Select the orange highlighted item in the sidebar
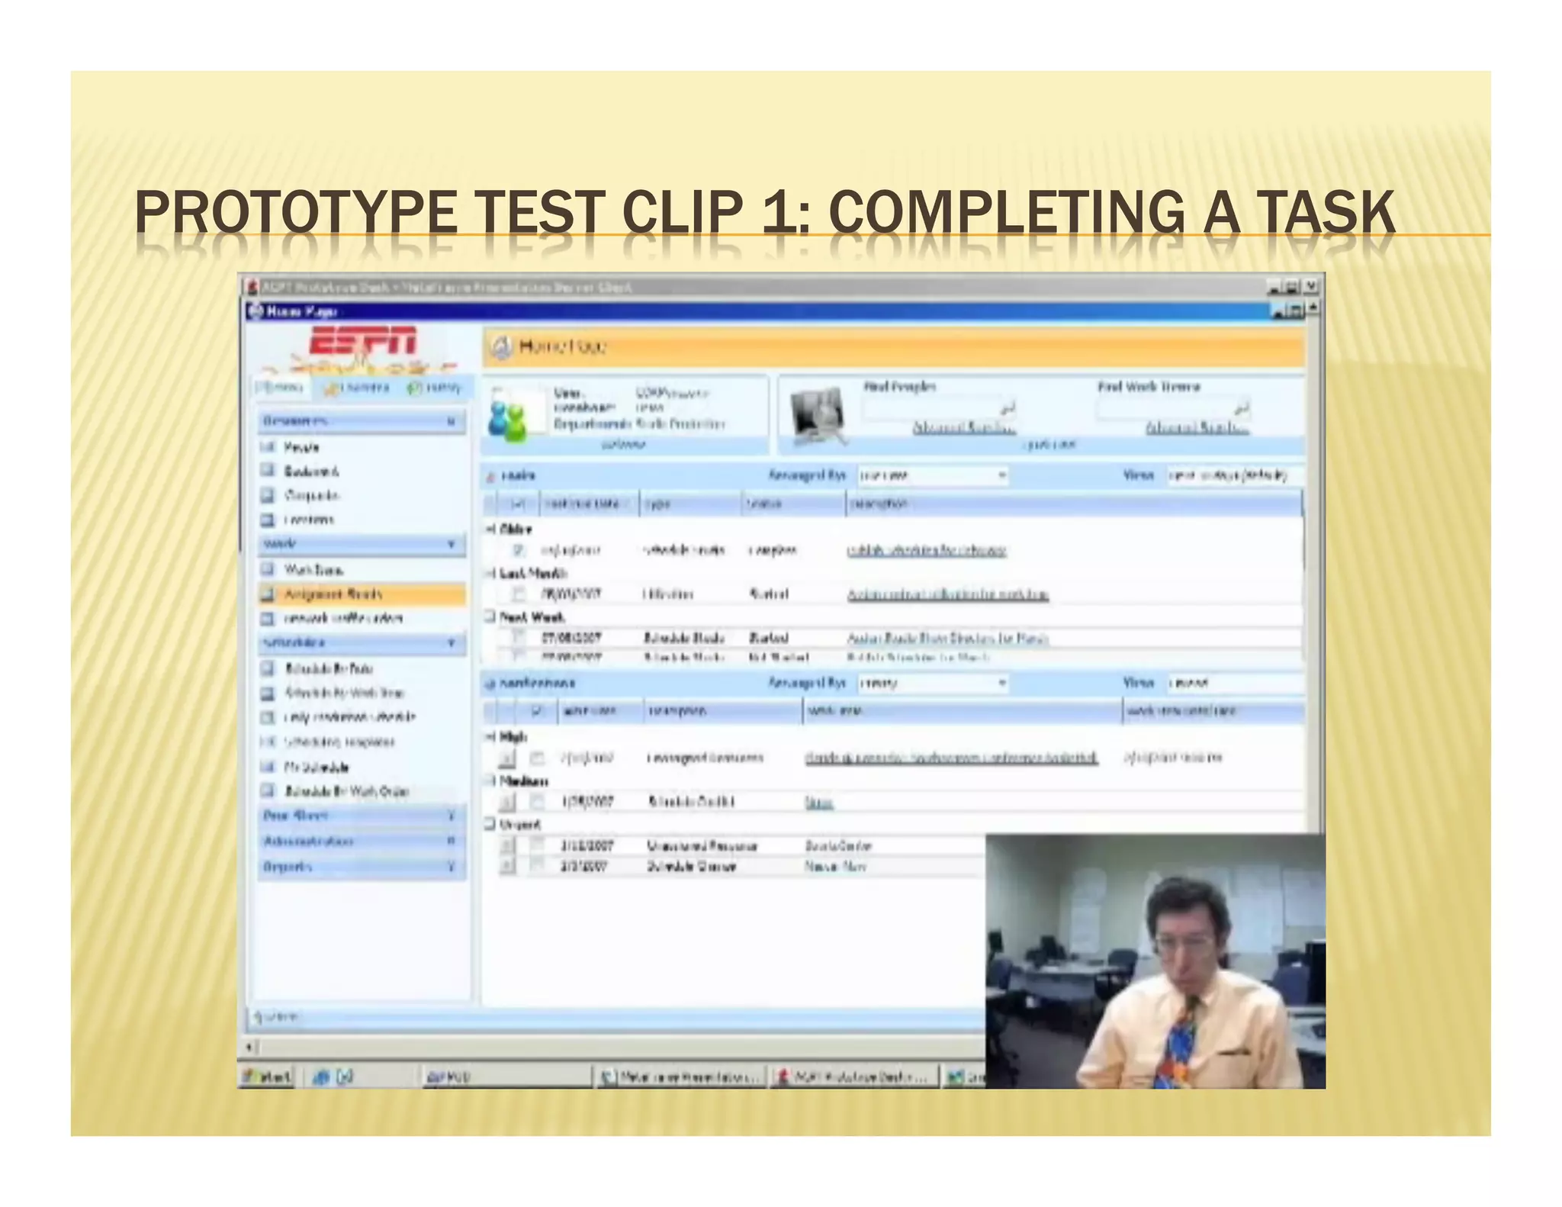click(362, 594)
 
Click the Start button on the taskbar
click(267, 1077)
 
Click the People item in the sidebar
click(301, 447)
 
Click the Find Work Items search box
click(1167, 408)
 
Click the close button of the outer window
click(1311, 287)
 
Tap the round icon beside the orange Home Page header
click(501, 348)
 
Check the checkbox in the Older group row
click(519, 550)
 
